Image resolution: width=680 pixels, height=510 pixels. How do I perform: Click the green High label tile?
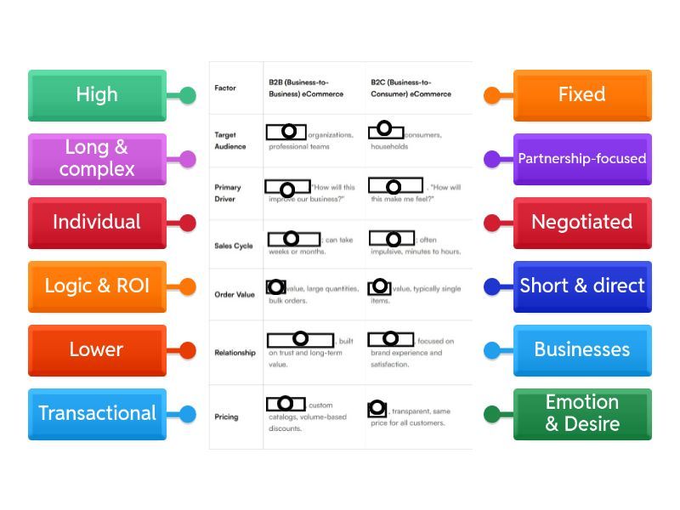[x=97, y=94]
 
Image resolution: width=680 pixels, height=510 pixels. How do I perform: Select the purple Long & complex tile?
[x=97, y=158]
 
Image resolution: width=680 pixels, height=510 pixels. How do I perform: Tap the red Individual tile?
[x=97, y=222]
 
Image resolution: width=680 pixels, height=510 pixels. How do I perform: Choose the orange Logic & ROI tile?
[x=97, y=286]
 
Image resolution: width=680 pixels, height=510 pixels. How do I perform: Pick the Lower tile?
[x=97, y=349]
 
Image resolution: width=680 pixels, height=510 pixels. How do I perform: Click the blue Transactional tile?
[x=97, y=413]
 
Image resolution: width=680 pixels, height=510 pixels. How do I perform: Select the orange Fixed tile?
[x=582, y=94]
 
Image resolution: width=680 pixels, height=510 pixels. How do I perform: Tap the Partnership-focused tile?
[x=582, y=158]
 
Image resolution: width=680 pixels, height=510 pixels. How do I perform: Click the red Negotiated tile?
[x=582, y=222]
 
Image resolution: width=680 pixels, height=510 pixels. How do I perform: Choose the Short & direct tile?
[x=582, y=286]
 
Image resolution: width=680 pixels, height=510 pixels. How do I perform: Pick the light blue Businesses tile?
[x=582, y=349]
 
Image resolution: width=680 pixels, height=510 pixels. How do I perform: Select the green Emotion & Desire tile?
[x=582, y=413]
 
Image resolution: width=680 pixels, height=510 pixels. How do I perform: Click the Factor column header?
[x=225, y=88]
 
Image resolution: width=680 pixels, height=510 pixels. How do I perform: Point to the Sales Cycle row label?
[x=233, y=246]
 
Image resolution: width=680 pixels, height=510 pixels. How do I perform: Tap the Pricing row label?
[x=226, y=416]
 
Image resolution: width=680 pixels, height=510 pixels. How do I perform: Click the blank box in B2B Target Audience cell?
[x=286, y=132]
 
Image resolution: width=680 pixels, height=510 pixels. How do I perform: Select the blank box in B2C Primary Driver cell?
[x=395, y=185]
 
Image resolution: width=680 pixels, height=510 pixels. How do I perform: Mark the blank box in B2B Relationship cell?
[x=300, y=340]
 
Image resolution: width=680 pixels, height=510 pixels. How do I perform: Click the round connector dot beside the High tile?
[x=188, y=95]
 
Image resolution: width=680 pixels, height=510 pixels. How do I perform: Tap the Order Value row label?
[x=235, y=294]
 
